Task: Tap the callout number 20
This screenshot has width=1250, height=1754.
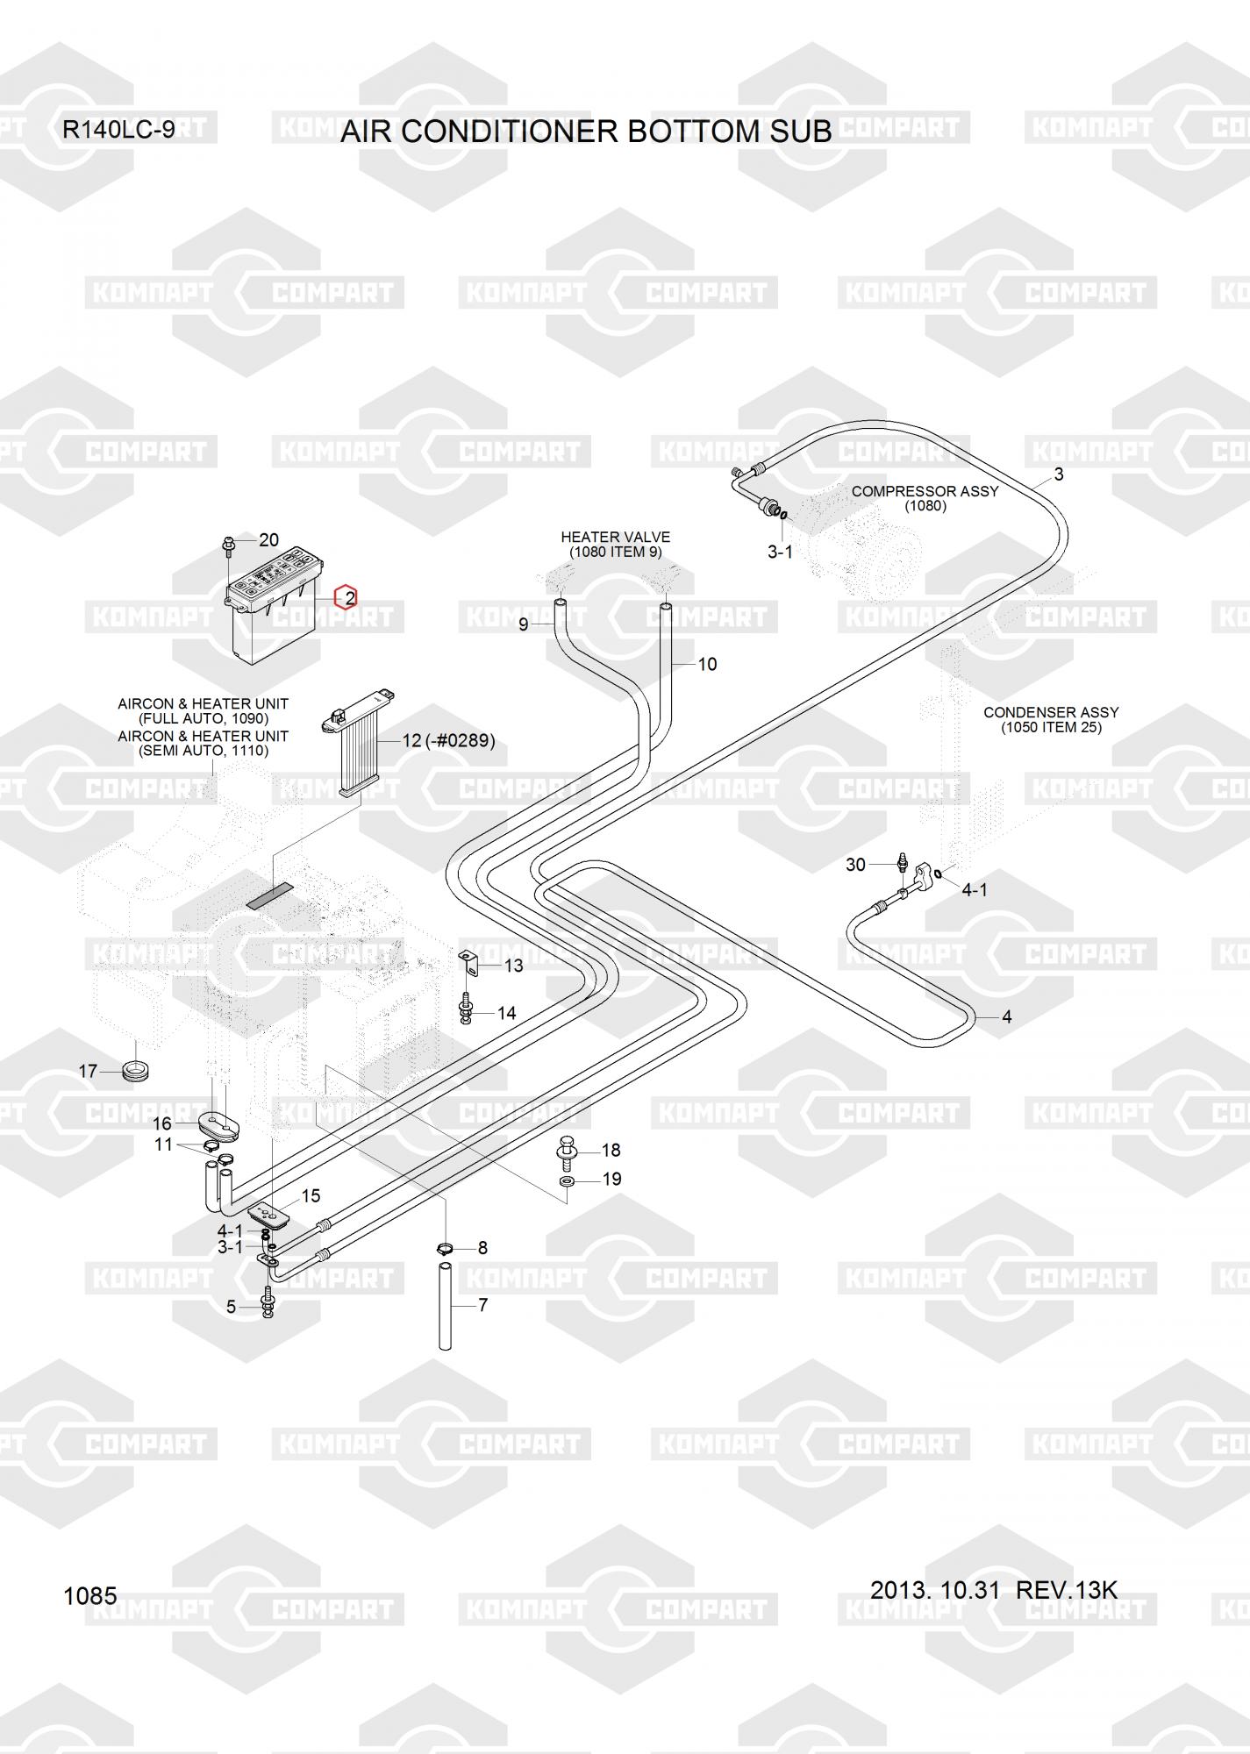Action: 269,539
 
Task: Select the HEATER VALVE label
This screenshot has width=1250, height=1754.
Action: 615,537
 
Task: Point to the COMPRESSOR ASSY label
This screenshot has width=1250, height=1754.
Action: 925,491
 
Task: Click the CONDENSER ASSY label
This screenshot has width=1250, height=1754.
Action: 1051,712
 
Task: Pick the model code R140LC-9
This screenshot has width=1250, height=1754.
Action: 118,130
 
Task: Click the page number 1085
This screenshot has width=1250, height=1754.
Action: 90,1595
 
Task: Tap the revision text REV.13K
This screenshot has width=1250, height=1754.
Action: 1067,1589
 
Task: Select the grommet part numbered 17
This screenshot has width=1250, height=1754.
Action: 135,1070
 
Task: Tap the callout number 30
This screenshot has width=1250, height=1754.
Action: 855,865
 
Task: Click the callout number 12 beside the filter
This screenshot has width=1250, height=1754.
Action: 411,741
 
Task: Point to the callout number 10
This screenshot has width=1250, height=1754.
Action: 707,664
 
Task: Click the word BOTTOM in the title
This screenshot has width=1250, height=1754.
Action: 697,131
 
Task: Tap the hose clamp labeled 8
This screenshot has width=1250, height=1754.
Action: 445,1248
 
